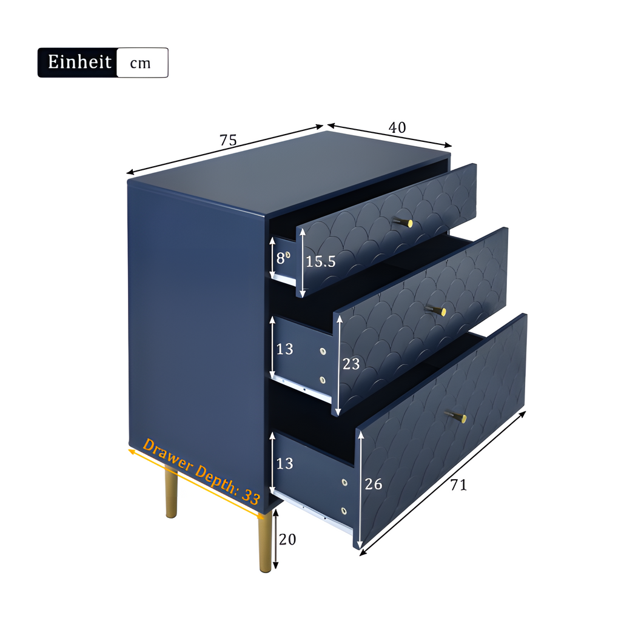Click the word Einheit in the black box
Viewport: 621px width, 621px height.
coord(79,62)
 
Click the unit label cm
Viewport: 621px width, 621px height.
coord(140,63)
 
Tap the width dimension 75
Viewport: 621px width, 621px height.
coord(228,140)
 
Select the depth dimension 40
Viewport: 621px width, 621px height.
coord(397,127)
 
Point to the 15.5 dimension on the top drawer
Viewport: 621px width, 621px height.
coord(320,261)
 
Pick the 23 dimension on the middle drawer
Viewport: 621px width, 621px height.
coord(351,364)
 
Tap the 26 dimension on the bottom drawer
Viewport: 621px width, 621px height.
coord(373,484)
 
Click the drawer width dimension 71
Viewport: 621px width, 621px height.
coord(458,485)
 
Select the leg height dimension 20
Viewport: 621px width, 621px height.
coord(287,539)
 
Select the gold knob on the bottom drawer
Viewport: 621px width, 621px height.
coord(456,417)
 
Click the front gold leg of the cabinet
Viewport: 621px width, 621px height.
coord(265,541)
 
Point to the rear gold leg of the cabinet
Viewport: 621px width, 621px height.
coord(171,491)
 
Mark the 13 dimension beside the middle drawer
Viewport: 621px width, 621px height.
coord(284,349)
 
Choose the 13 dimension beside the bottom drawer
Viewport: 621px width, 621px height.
coord(284,463)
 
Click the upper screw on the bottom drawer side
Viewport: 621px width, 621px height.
coord(344,482)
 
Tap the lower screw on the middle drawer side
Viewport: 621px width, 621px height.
coord(323,380)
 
